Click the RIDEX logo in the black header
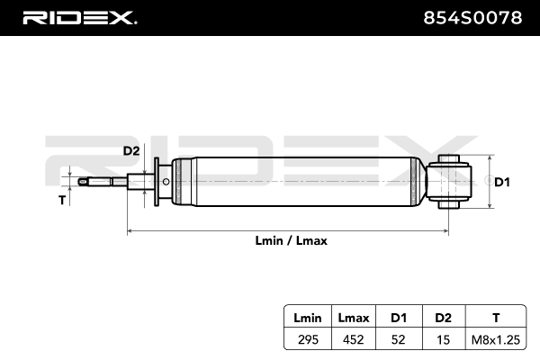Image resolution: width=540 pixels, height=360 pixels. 79,18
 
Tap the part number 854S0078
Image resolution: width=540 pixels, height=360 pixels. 472,18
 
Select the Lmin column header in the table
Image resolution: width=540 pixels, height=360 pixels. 308,318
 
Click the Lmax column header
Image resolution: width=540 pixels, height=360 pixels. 354,318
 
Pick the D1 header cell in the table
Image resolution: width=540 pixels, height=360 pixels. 399,318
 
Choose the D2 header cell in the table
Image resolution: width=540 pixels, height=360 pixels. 443,318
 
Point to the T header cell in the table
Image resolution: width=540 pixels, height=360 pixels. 496,318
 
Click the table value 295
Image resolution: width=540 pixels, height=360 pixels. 308,339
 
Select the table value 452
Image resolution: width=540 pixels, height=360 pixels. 354,339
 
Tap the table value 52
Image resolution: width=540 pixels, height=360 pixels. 398,339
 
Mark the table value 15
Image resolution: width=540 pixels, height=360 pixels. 443,339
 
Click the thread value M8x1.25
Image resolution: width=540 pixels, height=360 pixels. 496,339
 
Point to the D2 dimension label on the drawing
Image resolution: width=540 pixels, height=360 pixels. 131,151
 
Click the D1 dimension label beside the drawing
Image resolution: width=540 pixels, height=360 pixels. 502,182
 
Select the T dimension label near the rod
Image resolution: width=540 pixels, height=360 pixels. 62,200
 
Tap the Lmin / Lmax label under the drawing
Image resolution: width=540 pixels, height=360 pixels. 291,240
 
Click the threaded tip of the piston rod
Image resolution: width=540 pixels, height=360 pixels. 84,182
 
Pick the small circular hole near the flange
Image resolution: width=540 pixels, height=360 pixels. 166,182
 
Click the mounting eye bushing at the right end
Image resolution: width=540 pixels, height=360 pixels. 449,182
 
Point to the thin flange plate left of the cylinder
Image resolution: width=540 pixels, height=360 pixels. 157,182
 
